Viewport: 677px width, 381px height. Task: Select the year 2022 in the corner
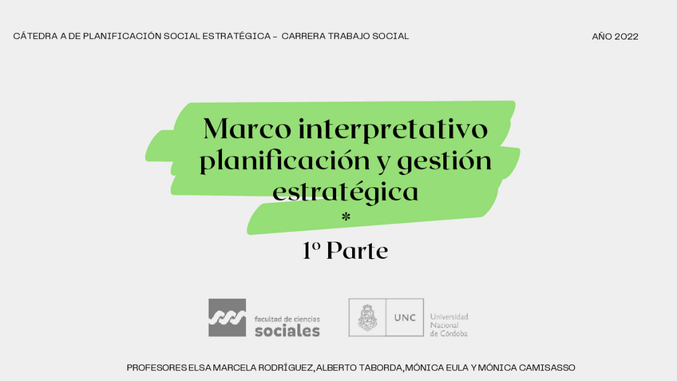click(x=627, y=37)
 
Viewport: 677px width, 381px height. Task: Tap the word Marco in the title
click(x=247, y=129)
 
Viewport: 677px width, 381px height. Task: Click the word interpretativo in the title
click(x=393, y=129)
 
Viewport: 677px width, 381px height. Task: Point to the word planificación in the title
click(x=284, y=161)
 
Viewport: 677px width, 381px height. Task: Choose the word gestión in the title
click(x=444, y=161)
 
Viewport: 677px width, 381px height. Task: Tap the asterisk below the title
click(x=346, y=216)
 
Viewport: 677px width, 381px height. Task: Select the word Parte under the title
click(x=357, y=251)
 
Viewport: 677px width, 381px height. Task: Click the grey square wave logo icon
click(x=227, y=318)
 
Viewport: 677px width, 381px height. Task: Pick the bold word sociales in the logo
click(x=287, y=331)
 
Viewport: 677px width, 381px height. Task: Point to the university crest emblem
click(x=367, y=318)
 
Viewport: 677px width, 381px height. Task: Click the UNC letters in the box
click(x=405, y=318)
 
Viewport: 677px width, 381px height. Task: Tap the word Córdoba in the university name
click(x=453, y=334)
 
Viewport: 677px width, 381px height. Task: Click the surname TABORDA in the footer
click(x=381, y=367)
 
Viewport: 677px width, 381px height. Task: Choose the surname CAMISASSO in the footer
click(x=547, y=367)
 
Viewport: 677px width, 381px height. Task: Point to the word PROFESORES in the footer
click(x=156, y=367)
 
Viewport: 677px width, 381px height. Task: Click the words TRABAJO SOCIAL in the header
click(x=368, y=36)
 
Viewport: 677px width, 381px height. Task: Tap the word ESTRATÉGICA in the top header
click(x=236, y=36)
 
